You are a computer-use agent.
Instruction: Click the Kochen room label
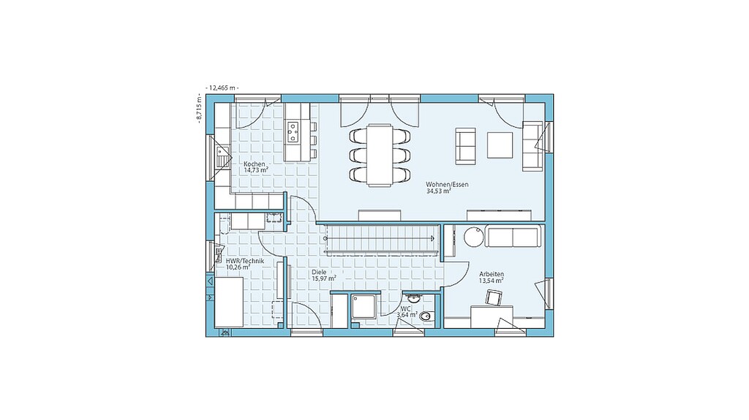click(x=254, y=164)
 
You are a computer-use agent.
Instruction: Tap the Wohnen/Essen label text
click(x=447, y=185)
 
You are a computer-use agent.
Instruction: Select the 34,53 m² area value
click(x=439, y=191)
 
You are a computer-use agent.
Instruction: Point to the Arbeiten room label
click(x=492, y=275)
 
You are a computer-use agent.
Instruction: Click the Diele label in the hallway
click(x=319, y=272)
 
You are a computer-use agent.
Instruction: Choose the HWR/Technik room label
click(x=244, y=261)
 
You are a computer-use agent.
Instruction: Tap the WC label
click(x=405, y=309)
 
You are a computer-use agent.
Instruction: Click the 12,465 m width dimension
click(x=222, y=88)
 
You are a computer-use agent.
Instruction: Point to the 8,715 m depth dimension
click(x=199, y=110)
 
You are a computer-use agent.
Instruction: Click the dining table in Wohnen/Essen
click(x=380, y=155)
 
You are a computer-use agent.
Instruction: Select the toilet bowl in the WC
click(x=428, y=316)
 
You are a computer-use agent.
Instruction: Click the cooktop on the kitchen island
click(x=293, y=132)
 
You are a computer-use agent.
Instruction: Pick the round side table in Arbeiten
click(x=473, y=236)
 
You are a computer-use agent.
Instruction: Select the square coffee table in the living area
click(x=500, y=145)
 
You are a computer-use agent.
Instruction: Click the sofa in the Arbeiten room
click(x=513, y=236)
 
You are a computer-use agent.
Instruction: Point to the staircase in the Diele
click(x=381, y=237)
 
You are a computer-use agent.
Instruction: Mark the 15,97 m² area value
click(x=324, y=278)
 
